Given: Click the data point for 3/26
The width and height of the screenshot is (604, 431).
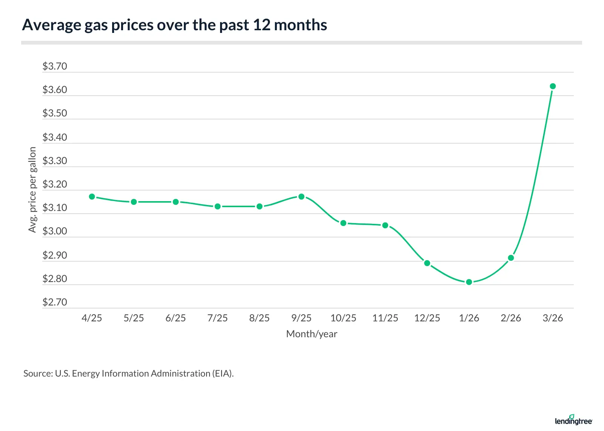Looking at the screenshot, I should pyautogui.click(x=553, y=86).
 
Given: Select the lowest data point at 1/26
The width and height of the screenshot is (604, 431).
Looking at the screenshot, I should pyautogui.click(x=469, y=282).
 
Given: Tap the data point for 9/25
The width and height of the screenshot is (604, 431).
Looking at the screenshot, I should pyautogui.click(x=301, y=197).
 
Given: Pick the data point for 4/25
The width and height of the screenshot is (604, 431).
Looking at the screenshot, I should pyautogui.click(x=92, y=197).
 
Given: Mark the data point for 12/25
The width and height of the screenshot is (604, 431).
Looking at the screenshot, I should pyautogui.click(x=427, y=263).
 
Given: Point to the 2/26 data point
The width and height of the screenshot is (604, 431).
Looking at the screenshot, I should pyautogui.click(x=511, y=258).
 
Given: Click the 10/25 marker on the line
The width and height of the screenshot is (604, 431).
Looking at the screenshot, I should pyautogui.click(x=343, y=223).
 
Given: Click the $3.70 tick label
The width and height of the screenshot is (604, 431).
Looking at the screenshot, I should pyautogui.click(x=55, y=67).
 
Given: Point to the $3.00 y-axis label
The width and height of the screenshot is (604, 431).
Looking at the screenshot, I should pyautogui.click(x=55, y=231).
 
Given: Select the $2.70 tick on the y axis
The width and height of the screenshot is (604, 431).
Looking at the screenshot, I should pyautogui.click(x=55, y=302).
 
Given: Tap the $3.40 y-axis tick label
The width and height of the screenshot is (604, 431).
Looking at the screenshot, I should pyautogui.click(x=55, y=137).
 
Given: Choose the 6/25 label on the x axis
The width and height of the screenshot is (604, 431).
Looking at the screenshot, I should pyautogui.click(x=176, y=318).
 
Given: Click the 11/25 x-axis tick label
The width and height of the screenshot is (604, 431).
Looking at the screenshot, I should pyautogui.click(x=385, y=318).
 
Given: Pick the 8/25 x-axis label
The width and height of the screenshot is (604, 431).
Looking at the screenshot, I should pyautogui.click(x=259, y=318).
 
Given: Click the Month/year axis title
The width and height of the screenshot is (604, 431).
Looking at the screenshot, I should pyautogui.click(x=311, y=334).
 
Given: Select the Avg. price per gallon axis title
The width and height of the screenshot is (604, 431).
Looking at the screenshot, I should pyautogui.click(x=32, y=190).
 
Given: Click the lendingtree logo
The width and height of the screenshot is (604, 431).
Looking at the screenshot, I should pyautogui.click(x=573, y=420).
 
